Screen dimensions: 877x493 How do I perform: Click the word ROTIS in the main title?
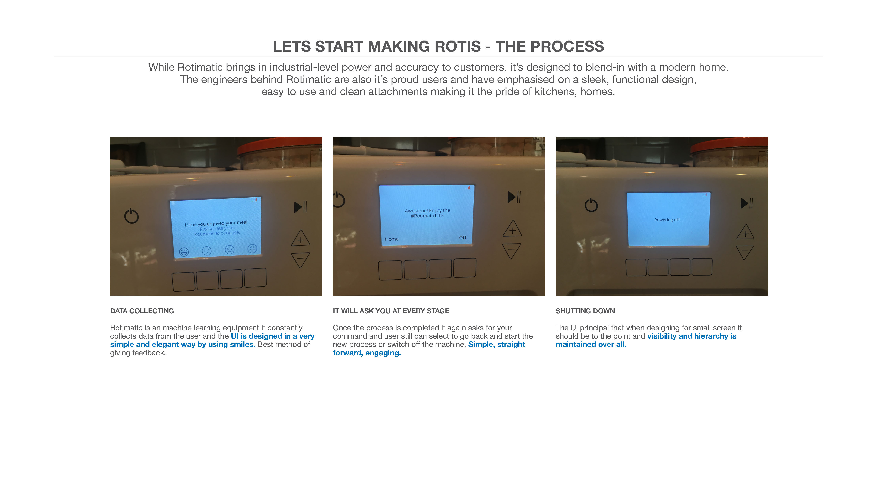[x=449, y=47]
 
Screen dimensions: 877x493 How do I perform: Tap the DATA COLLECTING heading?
[x=142, y=311]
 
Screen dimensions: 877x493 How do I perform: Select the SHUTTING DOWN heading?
[x=585, y=311]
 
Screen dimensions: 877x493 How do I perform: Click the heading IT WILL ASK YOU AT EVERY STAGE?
[x=391, y=311]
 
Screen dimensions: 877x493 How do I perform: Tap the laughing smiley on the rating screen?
[x=184, y=252]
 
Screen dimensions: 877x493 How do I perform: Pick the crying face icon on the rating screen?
[x=252, y=249]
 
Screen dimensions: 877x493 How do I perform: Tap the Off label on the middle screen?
[x=463, y=238]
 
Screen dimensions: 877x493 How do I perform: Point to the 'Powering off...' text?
[x=669, y=220]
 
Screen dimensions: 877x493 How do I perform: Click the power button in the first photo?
[x=131, y=216]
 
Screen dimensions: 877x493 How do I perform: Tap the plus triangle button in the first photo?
[x=301, y=238]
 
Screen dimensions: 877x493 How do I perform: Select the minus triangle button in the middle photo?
[x=512, y=251]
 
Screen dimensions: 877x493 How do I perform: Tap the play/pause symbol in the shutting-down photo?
[x=747, y=203]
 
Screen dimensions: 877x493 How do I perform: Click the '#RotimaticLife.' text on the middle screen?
[x=428, y=216]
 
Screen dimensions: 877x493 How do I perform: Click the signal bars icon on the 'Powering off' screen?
[x=704, y=195]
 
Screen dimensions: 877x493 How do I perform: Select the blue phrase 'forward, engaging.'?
[x=367, y=353]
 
